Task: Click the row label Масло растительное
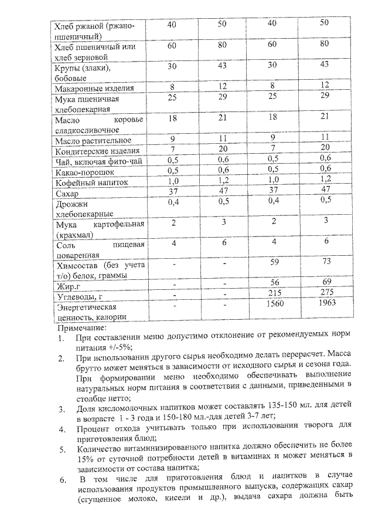click(93, 141)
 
